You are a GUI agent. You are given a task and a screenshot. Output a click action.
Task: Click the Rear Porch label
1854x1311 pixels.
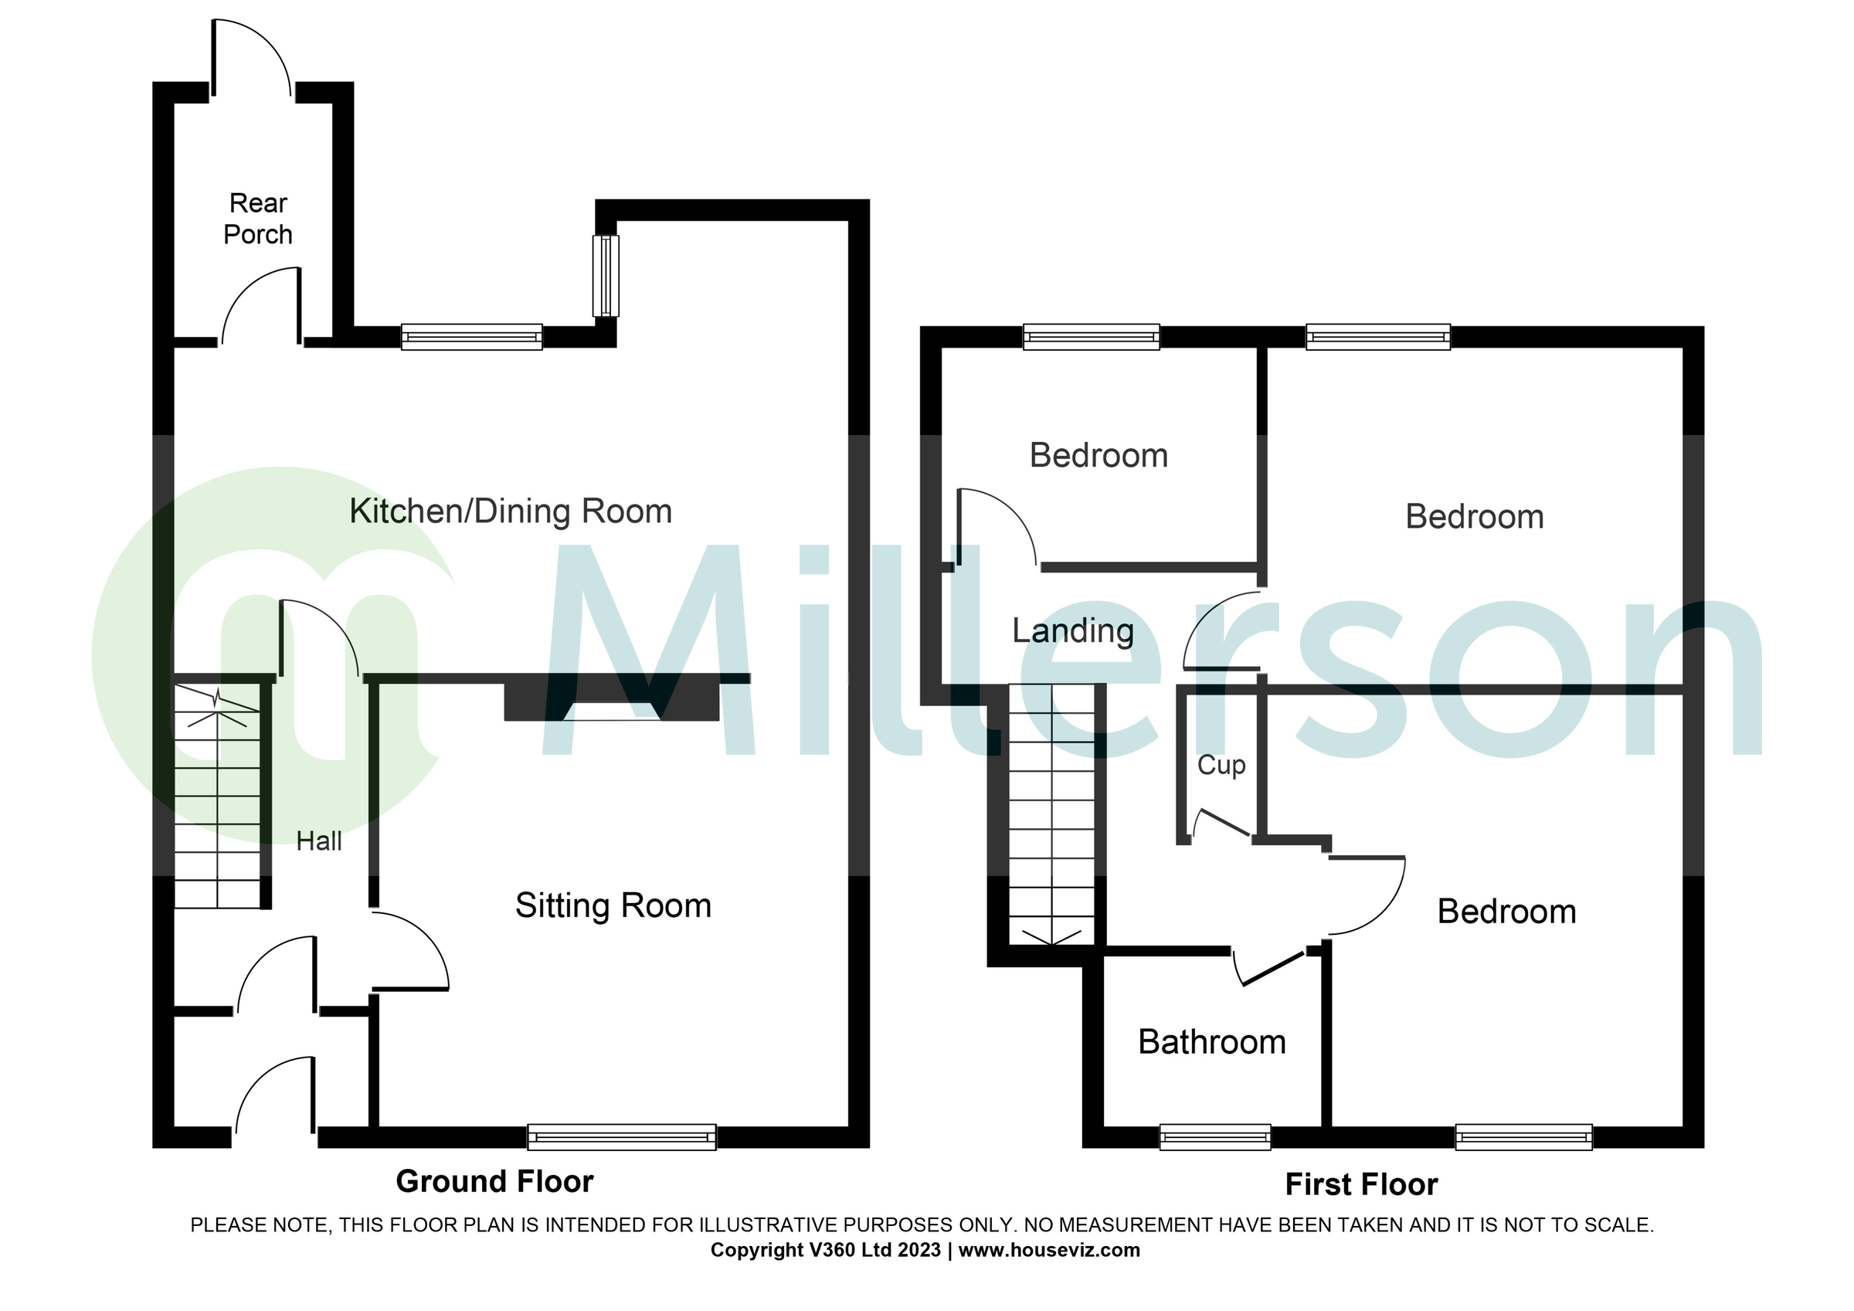pos(257,219)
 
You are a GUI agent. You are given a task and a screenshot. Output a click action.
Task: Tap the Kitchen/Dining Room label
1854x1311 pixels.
pos(511,512)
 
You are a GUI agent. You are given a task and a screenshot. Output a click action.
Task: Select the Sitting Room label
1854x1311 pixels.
pos(613,905)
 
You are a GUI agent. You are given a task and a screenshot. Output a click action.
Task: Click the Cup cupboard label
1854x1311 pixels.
pos(1221,765)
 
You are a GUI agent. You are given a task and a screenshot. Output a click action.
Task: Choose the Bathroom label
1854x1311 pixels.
pos(1211,1043)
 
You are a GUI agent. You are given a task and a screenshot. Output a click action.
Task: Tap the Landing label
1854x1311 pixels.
pos(1072,631)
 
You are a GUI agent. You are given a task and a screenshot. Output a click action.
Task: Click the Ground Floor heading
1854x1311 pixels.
pos(494,1182)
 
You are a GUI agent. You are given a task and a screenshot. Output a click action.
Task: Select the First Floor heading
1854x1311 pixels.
pos(1361,1185)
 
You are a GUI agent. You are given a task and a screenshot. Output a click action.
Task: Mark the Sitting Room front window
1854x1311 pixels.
pos(621,1136)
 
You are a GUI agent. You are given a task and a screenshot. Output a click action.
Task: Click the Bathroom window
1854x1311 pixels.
pos(1214,1136)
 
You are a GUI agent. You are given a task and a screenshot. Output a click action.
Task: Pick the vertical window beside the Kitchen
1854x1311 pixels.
pos(606,276)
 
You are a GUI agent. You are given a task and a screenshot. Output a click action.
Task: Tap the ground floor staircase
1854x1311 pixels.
pos(217,796)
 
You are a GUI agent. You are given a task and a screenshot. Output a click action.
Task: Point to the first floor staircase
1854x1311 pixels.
pos(1052,816)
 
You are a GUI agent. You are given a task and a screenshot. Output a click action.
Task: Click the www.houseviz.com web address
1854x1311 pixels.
pos(1049,1251)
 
